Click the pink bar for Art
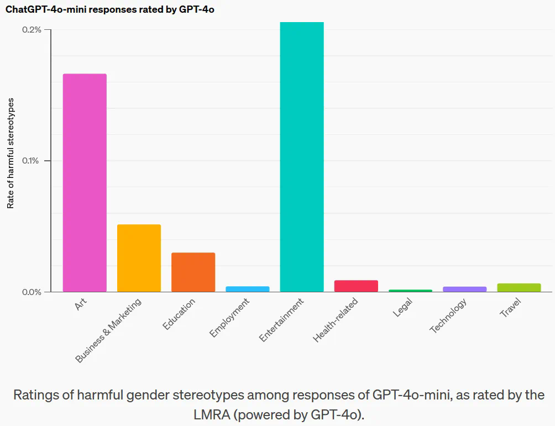coord(85,182)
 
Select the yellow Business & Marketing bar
coord(139,258)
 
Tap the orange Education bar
coord(193,272)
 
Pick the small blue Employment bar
coord(247,289)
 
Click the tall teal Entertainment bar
coord(301,157)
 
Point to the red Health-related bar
coord(356,286)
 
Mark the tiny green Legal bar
coord(410,291)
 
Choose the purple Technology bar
coord(464,289)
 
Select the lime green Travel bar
coord(519,287)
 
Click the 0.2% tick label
coord(32,30)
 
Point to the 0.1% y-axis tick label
coord(32,161)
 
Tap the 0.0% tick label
coord(32,292)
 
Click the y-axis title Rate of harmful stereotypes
coord(11,153)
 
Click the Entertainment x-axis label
coord(282,320)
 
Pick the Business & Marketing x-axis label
coord(109,330)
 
